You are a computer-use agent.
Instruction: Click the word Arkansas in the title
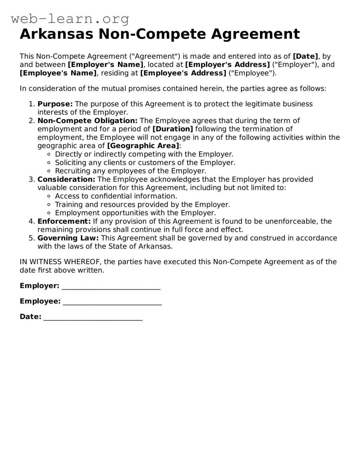click(x=57, y=34)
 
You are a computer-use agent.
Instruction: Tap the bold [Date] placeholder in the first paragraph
click(x=305, y=56)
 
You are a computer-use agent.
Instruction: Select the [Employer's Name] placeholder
click(x=106, y=65)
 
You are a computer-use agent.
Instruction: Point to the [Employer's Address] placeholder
click(x=227, y=65)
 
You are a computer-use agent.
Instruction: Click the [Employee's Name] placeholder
click(x=58, y=73)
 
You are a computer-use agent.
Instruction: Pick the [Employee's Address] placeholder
click(x=183, y=73)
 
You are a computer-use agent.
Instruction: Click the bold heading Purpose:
click(x=55, y=104)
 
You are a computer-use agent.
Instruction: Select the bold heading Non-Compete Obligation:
click(x=87, y=121)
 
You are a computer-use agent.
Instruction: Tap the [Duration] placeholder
click(x=172, y=129)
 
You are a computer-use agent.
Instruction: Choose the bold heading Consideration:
click(x=66, y=179)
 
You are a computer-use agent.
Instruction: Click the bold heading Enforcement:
click(x=64, y=221)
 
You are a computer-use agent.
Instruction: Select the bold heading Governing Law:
click(x=68, y=238)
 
